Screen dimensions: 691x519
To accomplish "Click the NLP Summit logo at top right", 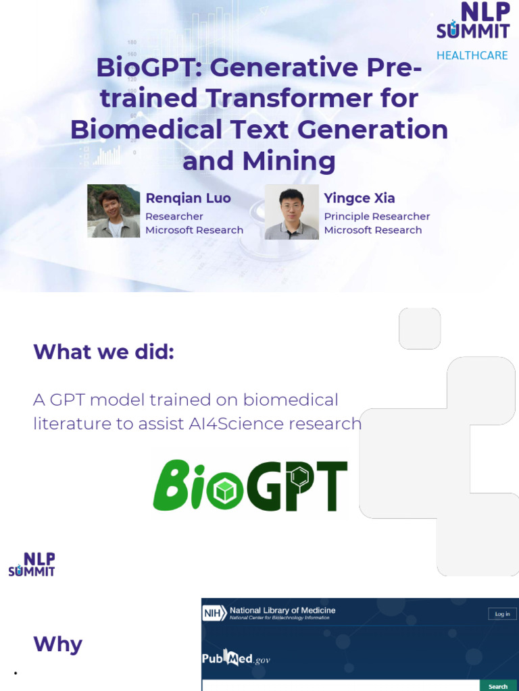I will coord(473,22).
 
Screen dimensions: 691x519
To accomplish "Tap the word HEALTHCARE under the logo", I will coord(472,55).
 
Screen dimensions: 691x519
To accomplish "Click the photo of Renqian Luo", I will coord(114,211).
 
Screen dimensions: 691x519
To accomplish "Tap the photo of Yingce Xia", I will coord(291,212).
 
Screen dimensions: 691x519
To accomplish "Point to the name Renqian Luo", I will coord(188,198).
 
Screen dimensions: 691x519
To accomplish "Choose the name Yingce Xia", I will coord(359,198).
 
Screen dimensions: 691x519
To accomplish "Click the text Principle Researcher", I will coord(376,217).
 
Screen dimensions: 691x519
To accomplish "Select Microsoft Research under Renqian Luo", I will coord(194,230).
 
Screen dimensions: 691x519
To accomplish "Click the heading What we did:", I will coord(103,352).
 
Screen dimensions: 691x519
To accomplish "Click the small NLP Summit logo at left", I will coord(32,564).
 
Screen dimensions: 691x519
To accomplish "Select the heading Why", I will coord(57,644).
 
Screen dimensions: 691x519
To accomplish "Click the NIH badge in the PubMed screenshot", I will coord(211,613).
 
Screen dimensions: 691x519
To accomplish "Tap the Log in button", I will coord(502,614).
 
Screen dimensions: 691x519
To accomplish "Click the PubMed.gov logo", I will coord(235,659).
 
